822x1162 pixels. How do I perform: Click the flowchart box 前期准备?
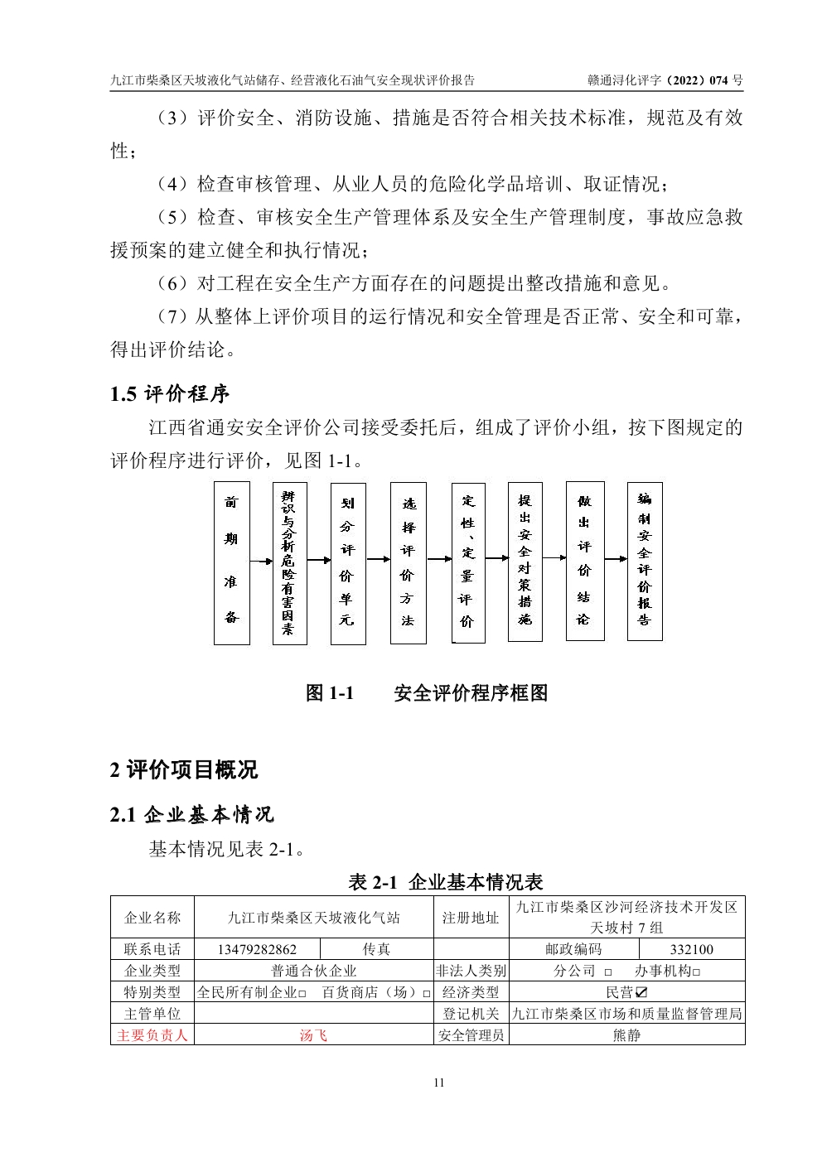pyautogui.click(x=231, y=562)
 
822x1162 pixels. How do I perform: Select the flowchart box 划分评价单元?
pyautogui.click(x=347, y=562)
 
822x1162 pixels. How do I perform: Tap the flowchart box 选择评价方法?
pyautogui.click(x=408, y=562)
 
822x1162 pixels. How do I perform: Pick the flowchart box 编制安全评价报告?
pyautogui.click(x=645, y=561)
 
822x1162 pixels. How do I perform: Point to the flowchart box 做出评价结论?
pyautogui.click(x=584, y=561)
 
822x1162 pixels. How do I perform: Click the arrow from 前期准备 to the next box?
pyautogui.click(x=261, y=562)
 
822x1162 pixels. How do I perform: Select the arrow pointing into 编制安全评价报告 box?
pyautogui.click(x=616, y=559)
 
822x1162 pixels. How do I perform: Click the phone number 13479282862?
pyautogui.click(x=257, y=949)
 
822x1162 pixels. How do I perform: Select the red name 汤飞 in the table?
pyautogui.click(x=313, y=1035)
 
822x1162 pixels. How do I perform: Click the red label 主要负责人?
pyautogui.click(x=152, y=1035)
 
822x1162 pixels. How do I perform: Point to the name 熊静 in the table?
pyautogui.click(x=626, y=1035)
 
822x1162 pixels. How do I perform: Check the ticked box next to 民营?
pyautogui.click(x=641, y=992)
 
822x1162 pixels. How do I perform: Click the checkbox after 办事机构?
pyautogui.click(x=696, y=972)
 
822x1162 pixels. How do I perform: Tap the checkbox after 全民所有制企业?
pyautogui.click(x=302, y=993)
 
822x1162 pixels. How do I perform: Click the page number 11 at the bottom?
pyautogui.click(x=439, y=1082)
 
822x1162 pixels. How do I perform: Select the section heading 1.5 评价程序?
pyautogui.click(x=170, y=393)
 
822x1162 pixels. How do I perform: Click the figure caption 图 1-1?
pyautogui.click(x=330, y=693)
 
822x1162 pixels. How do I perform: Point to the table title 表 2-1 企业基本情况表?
pyautogui.click(x=446, y=882)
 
